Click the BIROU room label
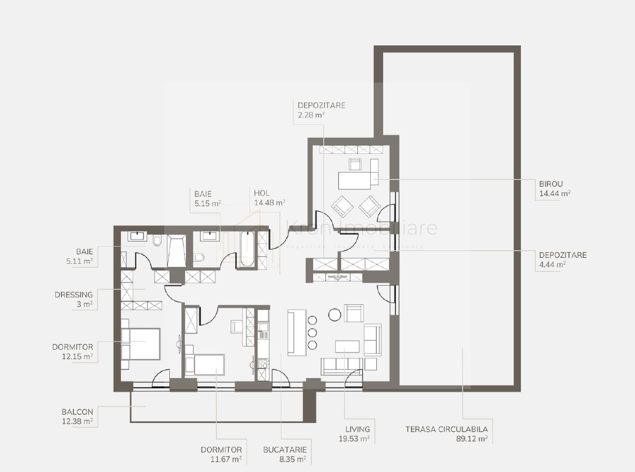tap(548, 184)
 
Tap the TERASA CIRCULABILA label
tap(446, 429)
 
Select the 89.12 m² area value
tap(472, 439)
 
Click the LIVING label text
tap(358, 429)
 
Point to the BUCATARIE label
tap(284, 449)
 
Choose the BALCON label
tap(77, 412)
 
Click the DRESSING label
tap(74, 295)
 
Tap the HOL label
tap(262, 193)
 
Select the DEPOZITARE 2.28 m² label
tap(321, 105)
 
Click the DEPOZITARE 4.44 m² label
tap(562, 255)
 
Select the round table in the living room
tap(335, 314)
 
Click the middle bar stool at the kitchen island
tap(312, 333)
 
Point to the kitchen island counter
tap(296, 333)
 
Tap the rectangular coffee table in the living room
tap(347, 346)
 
